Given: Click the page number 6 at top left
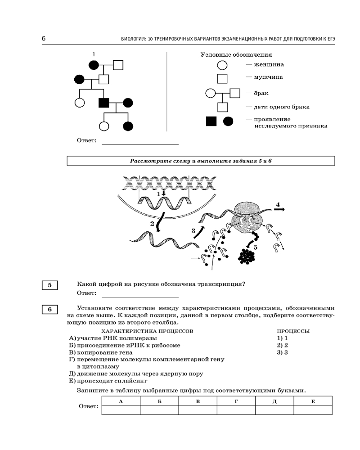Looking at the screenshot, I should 44,39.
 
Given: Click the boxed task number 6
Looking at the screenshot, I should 50,309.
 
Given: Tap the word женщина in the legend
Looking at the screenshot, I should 269,64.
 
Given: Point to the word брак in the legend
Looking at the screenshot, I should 261,93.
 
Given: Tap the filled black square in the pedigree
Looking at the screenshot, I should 104,103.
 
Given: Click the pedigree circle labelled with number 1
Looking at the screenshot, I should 94,65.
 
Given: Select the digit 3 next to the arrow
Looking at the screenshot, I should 193,231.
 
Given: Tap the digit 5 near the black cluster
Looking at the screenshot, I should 256,247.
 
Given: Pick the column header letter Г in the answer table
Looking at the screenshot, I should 236,401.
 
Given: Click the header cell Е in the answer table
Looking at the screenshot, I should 313,401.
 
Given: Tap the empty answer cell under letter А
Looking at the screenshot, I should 121,409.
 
